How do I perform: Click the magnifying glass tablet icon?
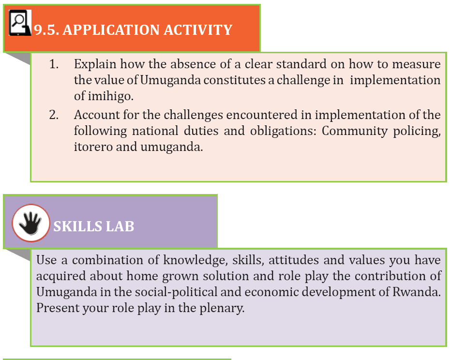[20, 23]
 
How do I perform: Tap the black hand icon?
[30, 223]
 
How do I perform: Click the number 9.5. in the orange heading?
[46, 30]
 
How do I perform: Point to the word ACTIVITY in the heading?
[198, 30]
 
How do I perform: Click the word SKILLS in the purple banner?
[77, 226]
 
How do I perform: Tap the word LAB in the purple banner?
[120, 226]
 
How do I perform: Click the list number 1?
[54, 64]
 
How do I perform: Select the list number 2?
[54, 115]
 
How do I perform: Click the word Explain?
[95, 64]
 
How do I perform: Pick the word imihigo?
[111, 96]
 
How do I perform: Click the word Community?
[355, 131]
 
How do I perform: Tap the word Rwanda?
[417, 292]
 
